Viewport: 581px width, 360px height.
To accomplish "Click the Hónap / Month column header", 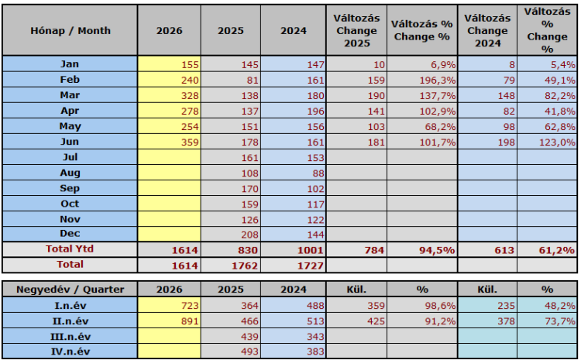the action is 70,30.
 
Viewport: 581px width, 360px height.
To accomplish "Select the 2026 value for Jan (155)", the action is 190,65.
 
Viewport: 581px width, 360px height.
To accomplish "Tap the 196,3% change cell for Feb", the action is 437,81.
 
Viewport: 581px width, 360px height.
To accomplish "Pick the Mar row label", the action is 70,95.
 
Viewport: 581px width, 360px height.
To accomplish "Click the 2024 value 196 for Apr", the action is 315,111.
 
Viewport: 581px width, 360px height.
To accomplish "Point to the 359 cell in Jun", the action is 190,142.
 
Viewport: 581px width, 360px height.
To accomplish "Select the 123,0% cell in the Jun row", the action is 557,142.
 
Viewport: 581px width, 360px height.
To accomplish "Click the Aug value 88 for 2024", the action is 318,173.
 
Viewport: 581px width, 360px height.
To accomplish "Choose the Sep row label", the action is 70,188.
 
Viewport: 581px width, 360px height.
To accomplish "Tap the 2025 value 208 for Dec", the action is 249,235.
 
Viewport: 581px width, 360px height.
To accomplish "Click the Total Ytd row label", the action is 70,249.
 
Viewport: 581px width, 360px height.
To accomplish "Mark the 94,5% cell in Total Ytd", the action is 437,250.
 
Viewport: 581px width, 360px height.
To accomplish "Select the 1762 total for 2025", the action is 244,266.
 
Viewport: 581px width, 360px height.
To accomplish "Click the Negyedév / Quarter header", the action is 70,290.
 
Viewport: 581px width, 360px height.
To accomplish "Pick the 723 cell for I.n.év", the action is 190,306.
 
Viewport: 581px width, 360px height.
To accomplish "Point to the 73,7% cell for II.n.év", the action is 560,321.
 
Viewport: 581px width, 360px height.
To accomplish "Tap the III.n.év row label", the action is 70,337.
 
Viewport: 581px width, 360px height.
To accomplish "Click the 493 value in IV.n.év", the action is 249,351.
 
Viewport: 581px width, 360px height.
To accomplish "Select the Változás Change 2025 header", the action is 356,30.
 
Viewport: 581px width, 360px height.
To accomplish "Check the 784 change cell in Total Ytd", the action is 374,250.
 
